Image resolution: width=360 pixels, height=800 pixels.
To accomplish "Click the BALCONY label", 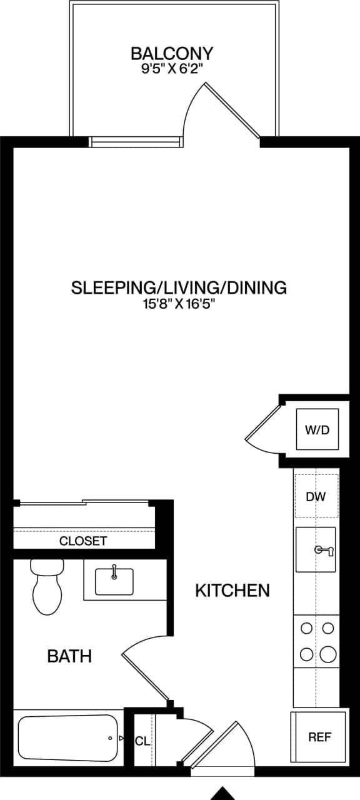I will click(x=172, y=52).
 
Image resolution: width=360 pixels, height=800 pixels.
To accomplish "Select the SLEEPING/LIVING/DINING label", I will click(x=179, y=287).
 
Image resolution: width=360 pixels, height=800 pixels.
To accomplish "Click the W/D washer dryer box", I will click(x=317, y=430).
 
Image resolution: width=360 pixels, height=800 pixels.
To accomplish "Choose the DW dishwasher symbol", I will click(x=316, y=496).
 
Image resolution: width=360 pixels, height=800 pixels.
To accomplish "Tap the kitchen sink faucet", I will click(x=324, y=550).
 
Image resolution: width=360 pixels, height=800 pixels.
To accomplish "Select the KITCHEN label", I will click(x=232, y=590).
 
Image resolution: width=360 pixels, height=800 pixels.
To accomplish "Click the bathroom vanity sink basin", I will click(x=114, y=581).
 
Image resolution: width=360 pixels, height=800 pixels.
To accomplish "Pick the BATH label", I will click(x=69, y=656).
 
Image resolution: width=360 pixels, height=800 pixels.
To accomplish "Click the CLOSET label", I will click(x=83, y=541).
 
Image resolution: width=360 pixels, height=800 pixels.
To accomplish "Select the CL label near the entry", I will click(x=142, y=741).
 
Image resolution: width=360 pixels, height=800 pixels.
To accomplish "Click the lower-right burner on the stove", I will click(x=327, y=654).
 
